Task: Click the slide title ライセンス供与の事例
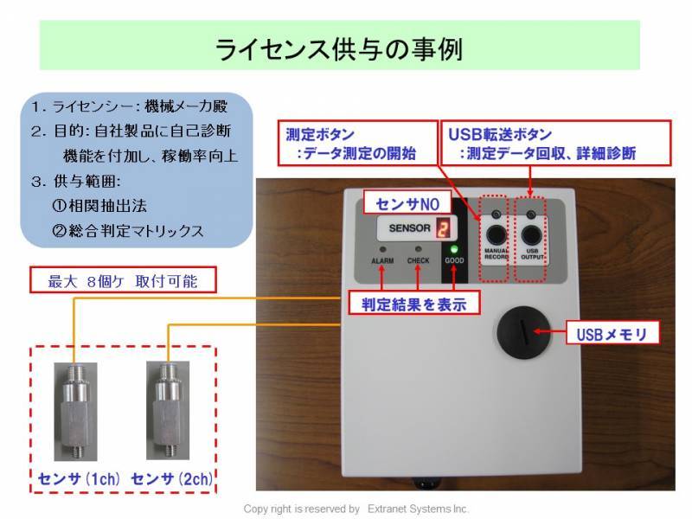click(339, 47)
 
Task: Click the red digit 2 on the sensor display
click(443, 229)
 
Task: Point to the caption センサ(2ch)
click(171, 478)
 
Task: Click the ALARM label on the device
click(382, 260)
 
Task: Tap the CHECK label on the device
click(418, 260)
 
